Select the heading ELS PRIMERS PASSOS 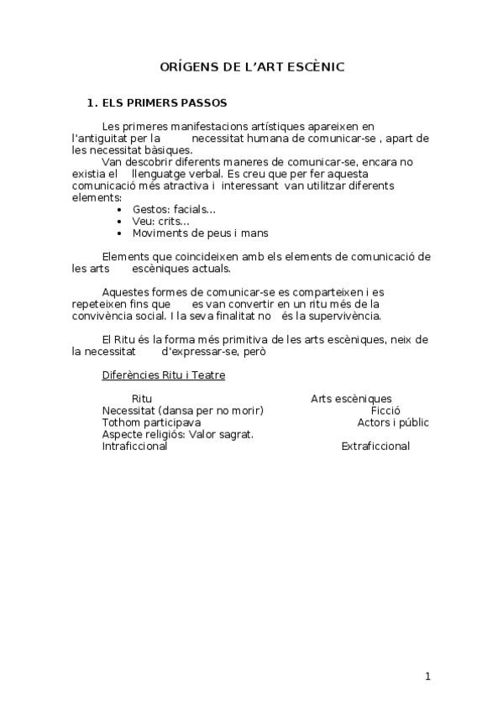pos(164,104)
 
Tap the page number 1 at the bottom pos(427,677)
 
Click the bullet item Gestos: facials pos(174,209)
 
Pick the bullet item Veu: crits pos(160,221)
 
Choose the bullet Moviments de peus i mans pos(200,233)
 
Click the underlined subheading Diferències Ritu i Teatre pos(163,375)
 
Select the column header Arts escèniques pos(351,399)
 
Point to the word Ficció pos(385,411)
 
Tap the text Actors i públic pos(392,422)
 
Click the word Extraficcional pos(375,446)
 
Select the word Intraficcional pos(134,446)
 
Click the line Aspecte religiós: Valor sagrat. pos(177,434)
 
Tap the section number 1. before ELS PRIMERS pos(92,104)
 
